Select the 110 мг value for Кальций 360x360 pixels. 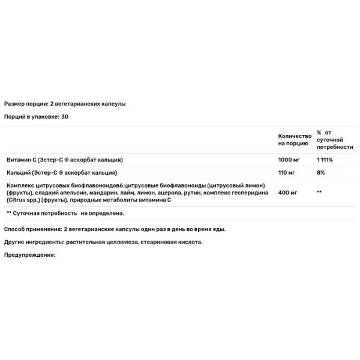coord(287,172)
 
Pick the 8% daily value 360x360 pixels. coord(321,172)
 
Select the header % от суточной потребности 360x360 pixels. coord(335,140)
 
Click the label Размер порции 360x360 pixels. coord(23,104)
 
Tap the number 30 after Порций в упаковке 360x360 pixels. coord(65,116)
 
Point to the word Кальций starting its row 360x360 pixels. coord(18,172)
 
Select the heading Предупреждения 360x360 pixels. coord(29,255)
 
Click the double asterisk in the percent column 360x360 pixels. coord(320,193)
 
